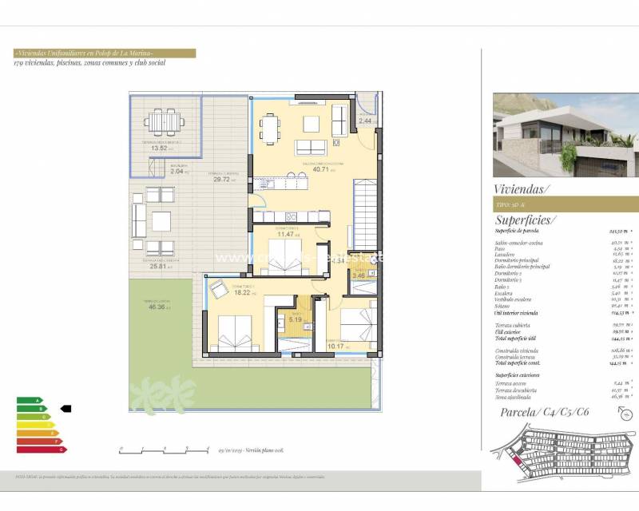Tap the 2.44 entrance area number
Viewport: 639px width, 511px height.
tap(365, 121)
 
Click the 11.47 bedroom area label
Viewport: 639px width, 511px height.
tap(285, 234)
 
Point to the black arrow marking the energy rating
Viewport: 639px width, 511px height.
tap(65, 408)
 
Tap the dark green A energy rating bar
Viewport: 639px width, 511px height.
tap(29, 400)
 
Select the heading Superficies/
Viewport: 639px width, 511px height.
tap(526, 220)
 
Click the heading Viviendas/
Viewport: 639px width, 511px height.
tap(522, 189)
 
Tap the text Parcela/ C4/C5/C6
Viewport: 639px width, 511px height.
tap(545, 412)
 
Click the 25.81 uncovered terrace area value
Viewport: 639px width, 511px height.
tap(156, 266)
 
